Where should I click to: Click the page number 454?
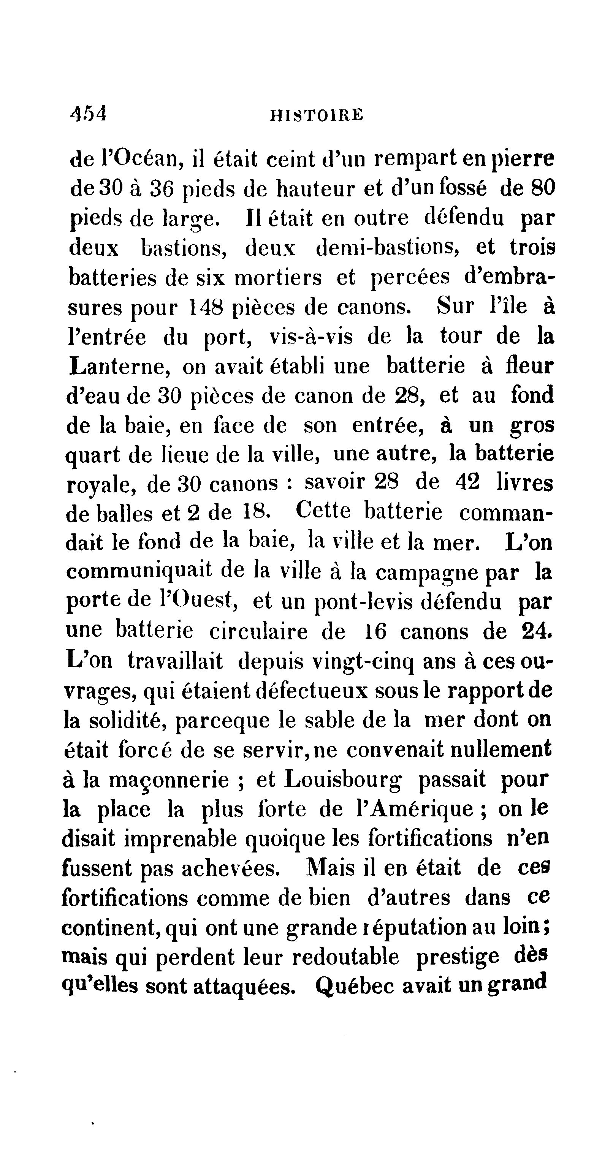pos(88,113)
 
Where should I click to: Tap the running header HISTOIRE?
pos(317,116)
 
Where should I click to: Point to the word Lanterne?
pos(119,367)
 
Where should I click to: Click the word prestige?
pos(457,957)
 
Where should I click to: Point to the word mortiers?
pos(278,278)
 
